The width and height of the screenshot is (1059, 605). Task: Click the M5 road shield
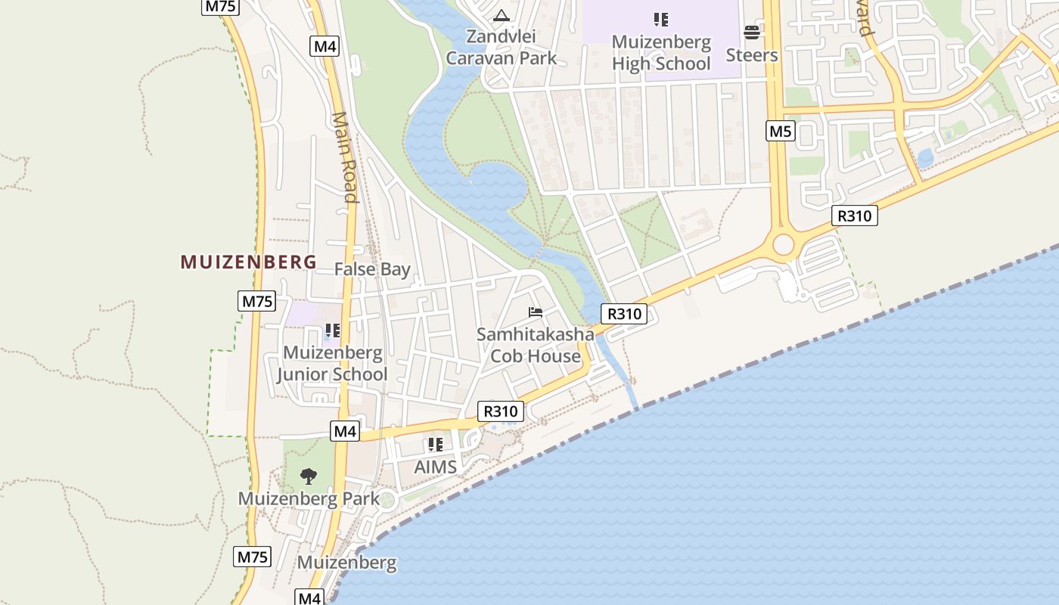[x=780, y=132]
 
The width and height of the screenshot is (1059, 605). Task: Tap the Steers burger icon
[x=752, y=32]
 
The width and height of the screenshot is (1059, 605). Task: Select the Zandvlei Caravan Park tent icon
[x=502, y=15]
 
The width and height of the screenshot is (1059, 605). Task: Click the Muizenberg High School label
[x=661, y=53]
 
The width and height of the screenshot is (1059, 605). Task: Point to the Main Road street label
[x=344, y=157]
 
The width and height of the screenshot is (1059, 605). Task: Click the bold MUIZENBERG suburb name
[x=248, y=262]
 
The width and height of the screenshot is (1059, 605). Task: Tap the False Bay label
[x=372, y=269]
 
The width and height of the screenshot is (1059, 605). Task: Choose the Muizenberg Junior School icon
[x=332, y=330]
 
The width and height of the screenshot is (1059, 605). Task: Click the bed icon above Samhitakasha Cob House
[x=536, y=312]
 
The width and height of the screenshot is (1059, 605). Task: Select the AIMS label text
[x=436, y=467]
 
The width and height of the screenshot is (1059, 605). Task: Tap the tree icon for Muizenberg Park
[x=308, y=476]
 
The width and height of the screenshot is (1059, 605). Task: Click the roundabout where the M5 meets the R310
[x=783, y=244]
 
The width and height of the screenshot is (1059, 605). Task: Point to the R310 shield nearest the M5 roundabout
[x=855, y=216]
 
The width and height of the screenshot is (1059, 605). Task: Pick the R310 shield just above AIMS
[x=501, y=411]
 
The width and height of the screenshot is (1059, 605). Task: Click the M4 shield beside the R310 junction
[x=345, y=431]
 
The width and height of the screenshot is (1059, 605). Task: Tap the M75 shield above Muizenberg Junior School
[x=256, y=301]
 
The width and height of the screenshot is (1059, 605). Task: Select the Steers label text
[x=752, y=55]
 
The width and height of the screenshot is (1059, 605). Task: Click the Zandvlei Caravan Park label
[x=502, y=47]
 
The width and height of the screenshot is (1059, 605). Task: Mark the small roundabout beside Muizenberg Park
[x=388, y=500]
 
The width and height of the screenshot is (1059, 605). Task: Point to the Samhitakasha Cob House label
[x=536, y=345]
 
